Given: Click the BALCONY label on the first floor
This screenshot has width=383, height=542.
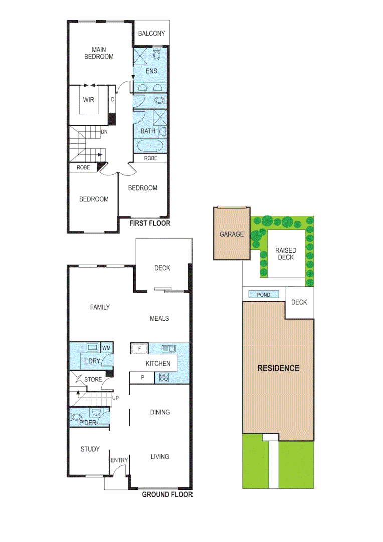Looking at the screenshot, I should point(151,34).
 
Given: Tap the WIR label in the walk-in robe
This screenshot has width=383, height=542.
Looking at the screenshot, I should point(89,100).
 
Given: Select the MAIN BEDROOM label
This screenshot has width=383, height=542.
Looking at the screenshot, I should point(102,53).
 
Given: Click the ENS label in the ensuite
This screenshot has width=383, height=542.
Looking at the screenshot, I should point(151,71).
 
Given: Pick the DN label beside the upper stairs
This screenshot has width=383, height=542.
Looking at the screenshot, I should point(104,132).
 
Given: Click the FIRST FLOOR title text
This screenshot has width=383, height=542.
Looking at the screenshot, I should point(150,223).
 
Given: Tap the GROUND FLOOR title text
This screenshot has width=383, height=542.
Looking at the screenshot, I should point(167,495).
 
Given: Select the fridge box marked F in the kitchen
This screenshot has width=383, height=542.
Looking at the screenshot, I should point(139,348).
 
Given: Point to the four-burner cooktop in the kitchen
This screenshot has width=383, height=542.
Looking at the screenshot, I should point(164,378).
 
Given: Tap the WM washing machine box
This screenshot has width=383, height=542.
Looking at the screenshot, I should point(106,348).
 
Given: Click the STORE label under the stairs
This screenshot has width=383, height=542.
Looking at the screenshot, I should point(93,380).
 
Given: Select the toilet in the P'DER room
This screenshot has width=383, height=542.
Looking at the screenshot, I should point(77,416).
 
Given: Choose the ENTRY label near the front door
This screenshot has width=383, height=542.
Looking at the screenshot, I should point(119,460).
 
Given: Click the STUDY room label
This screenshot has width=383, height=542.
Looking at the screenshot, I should point(90,449).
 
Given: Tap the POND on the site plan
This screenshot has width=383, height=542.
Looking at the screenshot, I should point(263,295).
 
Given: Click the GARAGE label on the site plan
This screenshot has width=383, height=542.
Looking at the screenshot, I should point(231,234).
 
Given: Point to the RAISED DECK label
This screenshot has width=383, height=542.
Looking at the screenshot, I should point(285,254).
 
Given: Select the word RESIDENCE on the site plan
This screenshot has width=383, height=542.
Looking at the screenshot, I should point(278,368).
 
